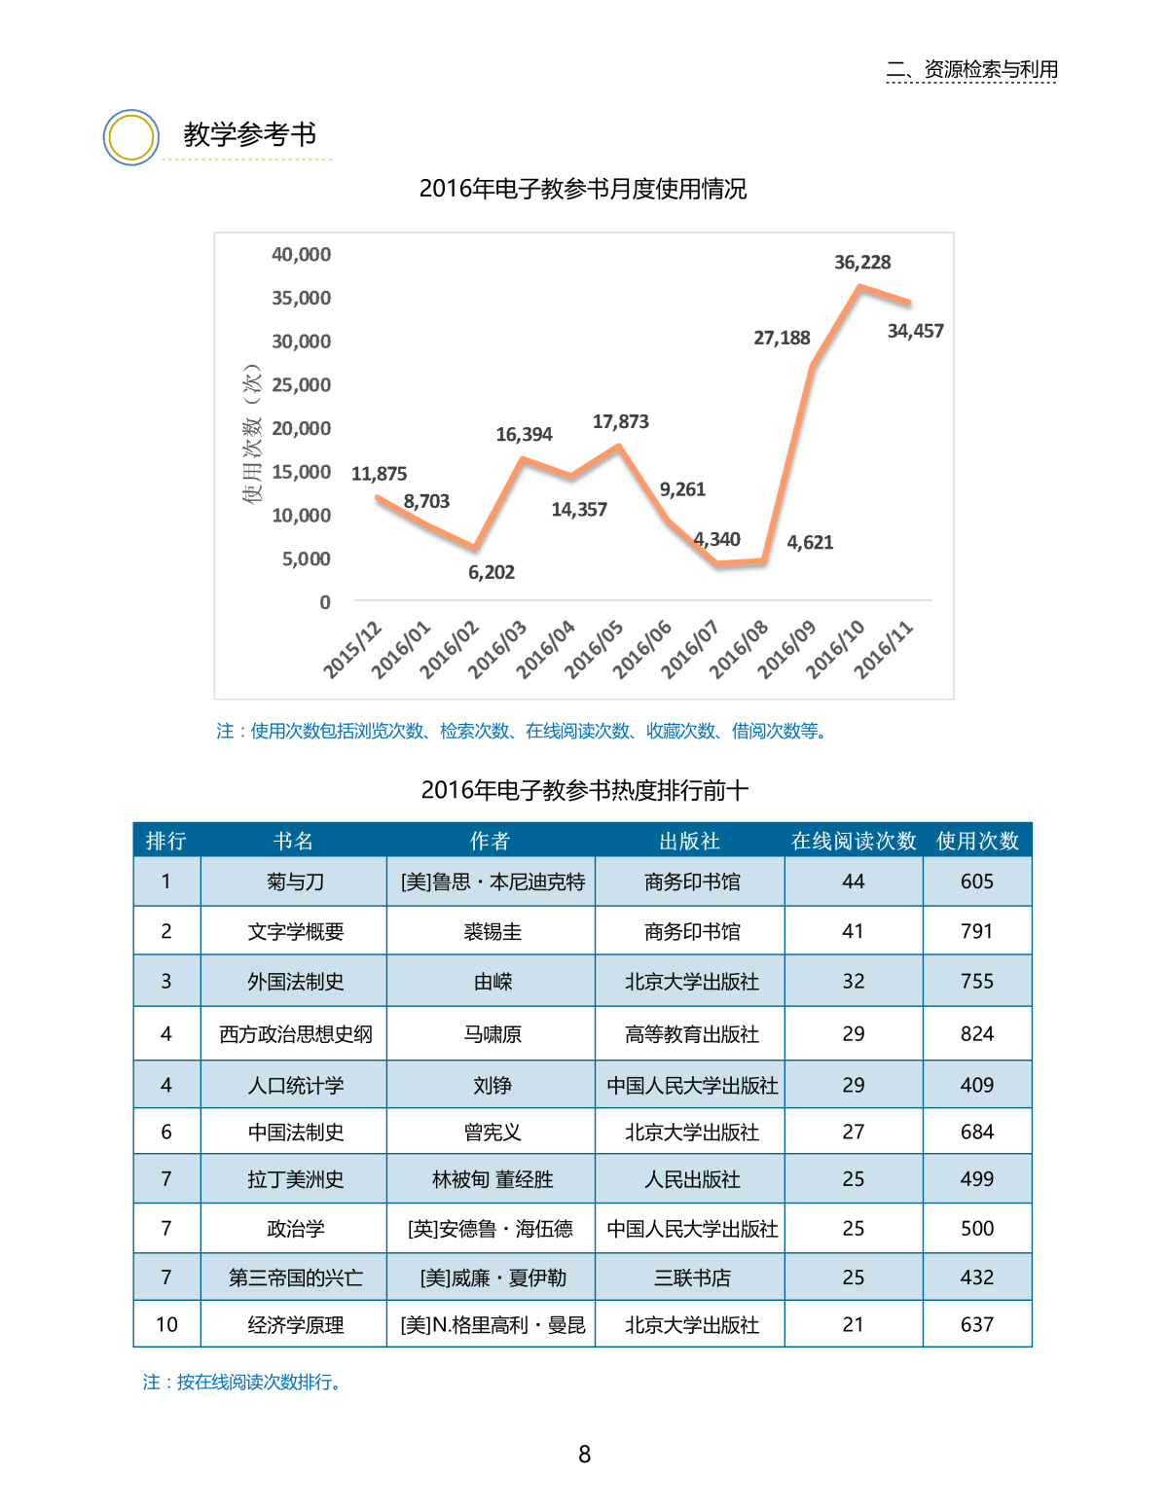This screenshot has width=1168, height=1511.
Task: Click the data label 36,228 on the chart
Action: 862,263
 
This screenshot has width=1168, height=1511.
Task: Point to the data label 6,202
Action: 492,573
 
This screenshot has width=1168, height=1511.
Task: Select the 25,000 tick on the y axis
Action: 301,385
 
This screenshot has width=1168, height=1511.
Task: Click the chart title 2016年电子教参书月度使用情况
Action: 583,189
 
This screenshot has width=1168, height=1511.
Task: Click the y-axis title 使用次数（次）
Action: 252,434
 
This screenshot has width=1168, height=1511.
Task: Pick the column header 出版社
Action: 689,841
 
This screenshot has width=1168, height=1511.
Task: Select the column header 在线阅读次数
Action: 854,841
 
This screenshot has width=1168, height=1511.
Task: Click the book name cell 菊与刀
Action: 295,881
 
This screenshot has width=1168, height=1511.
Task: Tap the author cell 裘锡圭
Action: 493,932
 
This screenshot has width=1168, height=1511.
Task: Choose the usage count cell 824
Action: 977,1034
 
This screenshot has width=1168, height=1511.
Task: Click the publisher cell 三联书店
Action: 692,1277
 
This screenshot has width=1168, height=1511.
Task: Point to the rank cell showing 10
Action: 166,1325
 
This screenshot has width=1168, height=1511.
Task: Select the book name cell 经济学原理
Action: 295,1325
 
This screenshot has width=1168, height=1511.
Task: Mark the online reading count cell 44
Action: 854,881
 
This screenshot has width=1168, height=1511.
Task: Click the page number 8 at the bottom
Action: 584,1455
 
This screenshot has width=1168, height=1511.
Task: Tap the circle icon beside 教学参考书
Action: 131,137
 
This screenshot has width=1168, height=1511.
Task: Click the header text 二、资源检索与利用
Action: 971,70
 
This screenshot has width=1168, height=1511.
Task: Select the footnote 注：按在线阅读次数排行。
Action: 242,1383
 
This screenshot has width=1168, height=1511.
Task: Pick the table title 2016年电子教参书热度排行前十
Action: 584,790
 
